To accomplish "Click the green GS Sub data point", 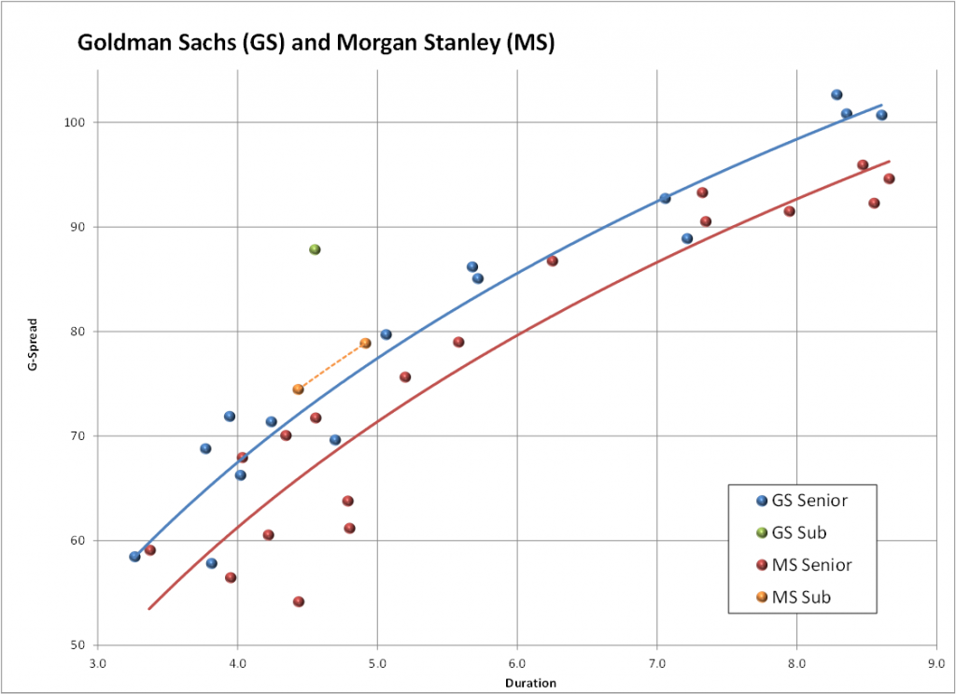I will click(315, 249).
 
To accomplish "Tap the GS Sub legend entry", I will click(801, 532).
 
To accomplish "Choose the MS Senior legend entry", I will click(810, 564).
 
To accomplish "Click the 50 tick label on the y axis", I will click(78, 645).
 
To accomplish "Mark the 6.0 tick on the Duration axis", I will click(517, 665).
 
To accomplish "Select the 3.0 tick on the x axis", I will click(98, 665).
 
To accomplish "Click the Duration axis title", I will click(530, 683).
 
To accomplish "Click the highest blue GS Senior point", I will click(836, 94).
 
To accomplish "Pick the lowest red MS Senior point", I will click(299, 602).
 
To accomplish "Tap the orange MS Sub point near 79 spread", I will click(365, 343).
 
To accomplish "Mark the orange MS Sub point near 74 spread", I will click(298, 389).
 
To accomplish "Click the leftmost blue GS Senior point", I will click(134, 557).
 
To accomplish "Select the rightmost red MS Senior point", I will click(889, 178).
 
